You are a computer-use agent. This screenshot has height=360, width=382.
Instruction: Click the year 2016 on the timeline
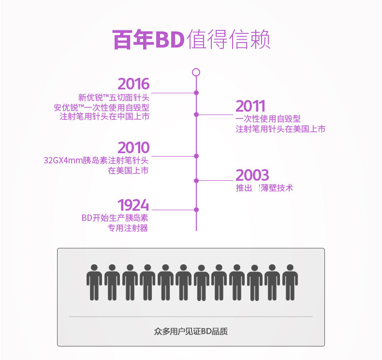tap(133, 84)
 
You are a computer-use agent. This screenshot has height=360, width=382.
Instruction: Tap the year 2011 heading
tap(250, 106)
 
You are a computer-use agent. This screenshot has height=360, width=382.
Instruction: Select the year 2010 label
tap(133, 147)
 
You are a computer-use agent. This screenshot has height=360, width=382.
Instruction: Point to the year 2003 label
tap(252, 175)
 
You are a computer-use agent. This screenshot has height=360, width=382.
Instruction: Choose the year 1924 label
tap(133, 205)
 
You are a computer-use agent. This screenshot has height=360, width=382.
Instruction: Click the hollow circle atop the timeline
tap(196, 72)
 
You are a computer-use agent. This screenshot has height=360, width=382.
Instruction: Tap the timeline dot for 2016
tap(196, 93)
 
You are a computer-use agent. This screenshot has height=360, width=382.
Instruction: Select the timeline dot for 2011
tap(196, 115)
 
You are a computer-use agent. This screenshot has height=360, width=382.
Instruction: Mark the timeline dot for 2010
tap(196, 156)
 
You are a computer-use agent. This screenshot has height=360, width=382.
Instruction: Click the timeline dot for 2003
tap(196, 181)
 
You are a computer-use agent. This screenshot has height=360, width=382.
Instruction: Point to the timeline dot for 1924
tap(196, 210)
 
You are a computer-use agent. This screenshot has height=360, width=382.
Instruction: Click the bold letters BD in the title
tap(170, 40)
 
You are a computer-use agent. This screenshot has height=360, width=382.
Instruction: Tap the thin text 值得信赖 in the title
tap(228, 39)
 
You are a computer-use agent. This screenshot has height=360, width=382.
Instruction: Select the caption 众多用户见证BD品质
tap(191, 331)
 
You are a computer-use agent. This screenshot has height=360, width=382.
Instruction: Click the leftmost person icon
tap(94, 282)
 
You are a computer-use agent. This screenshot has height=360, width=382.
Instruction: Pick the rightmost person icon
tap(290, 282)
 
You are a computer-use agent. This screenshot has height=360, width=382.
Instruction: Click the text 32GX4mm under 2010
tap(63, 160)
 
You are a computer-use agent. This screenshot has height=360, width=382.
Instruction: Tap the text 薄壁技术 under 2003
tap(277, 188)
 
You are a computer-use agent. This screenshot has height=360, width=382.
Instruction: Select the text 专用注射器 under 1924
tap(128, 228)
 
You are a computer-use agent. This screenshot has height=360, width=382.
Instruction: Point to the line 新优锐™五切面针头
tap(114, 98)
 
